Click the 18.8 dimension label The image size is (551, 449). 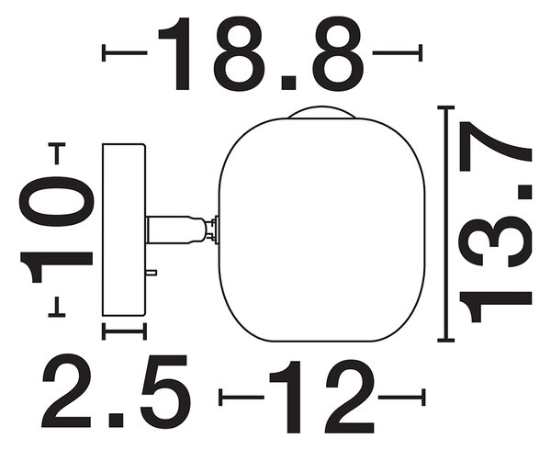tap(261, 53)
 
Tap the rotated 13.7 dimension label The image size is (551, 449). tap(496, 222)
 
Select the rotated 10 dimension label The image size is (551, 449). tap(56, 230)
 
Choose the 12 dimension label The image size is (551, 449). tap(321, 397)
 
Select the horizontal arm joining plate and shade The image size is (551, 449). tap(175, 230)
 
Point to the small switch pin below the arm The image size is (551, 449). tap(152, 273)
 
